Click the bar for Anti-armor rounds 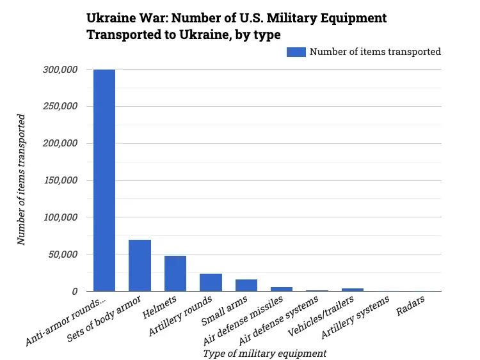click(x=104, y=180)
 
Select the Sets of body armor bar click(x=140, y=265)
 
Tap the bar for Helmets click(x=175, y=273)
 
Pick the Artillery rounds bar click(x=211, y=282)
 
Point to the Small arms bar click(x=246, y=285)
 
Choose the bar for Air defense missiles click(x=282, y=289)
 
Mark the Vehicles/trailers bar click(x=353, y=290)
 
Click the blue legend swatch click(x=296, y=52)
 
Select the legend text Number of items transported click(x=375, y=52)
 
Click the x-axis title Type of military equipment click(x=264, y=353)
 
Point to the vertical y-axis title click(x=22, y=180)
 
